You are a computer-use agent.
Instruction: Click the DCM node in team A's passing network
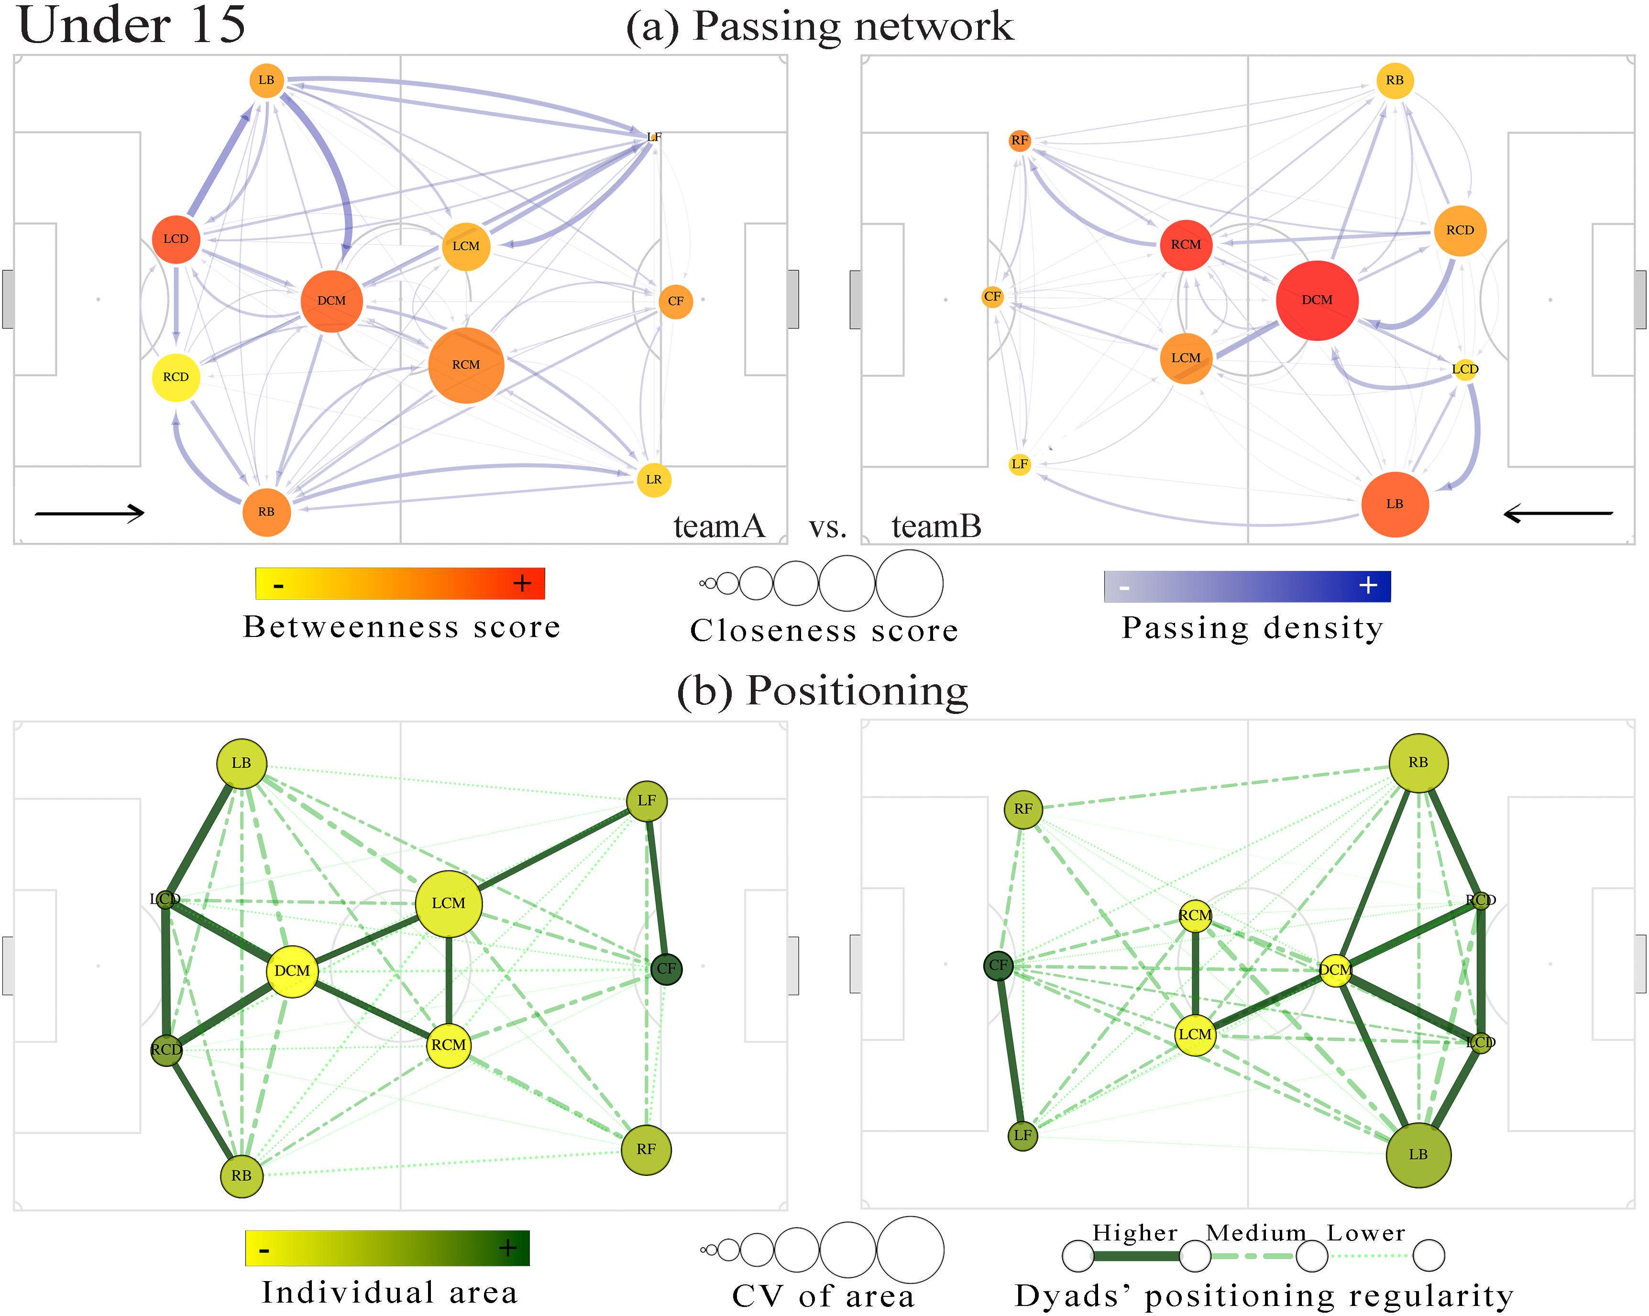(331, 300)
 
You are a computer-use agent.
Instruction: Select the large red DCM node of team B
(1317, 300)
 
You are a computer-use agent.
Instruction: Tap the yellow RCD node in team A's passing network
(176, 377)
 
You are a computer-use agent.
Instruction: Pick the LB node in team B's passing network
(1395, 504)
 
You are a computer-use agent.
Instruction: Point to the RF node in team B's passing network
(1020, 140)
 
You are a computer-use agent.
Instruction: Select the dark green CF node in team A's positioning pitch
(666, 969)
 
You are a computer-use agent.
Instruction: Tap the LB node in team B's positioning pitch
(1418, 1155)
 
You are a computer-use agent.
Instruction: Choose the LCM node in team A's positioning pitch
(448, 903)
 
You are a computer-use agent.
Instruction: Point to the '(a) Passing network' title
(820, 26)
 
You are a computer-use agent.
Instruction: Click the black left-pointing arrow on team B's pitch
(1558, 514)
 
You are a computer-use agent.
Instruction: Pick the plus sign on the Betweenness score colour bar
(522, 583)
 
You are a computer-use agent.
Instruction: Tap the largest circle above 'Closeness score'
(910, 583)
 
